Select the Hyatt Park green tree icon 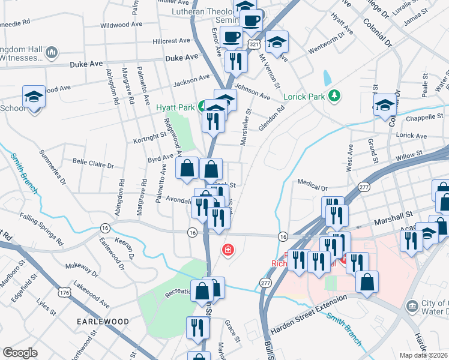[x=203, y=107]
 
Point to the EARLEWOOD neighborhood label [x=103, y=322]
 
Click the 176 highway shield [x=64, y=293]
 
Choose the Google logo [x=20, y=353]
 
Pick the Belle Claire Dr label [x=93, y=163]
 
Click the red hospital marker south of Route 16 [x=228, y=250]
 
